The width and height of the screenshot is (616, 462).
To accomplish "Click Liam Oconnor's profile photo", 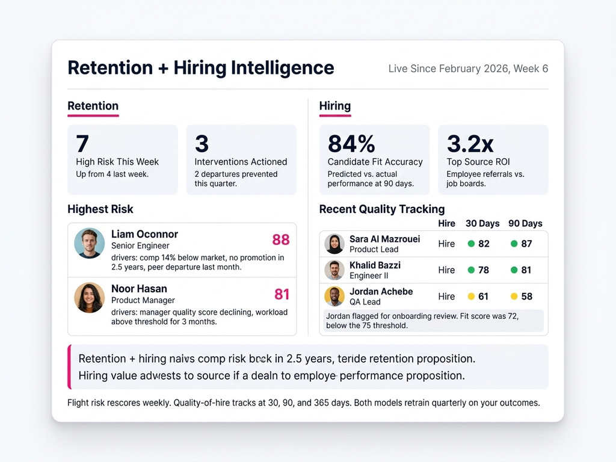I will tap(89, 244).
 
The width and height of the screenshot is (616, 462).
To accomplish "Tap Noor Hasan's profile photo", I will tap(89, 298).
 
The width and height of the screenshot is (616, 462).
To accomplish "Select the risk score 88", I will tap(281, 240).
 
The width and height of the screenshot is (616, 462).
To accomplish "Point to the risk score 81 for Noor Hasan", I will tap(282, 294).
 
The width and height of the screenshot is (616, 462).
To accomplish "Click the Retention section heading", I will tap(93, 106).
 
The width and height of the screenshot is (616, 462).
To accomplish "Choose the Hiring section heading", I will tap(334, 106).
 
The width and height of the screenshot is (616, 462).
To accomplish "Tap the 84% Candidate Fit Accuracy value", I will tap(351, 144).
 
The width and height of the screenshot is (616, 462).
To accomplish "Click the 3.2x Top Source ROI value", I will tap(470, 144).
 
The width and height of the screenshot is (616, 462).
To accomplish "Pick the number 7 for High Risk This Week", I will tap(82, 144).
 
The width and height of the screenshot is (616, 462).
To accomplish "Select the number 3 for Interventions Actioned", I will tap(202, 144).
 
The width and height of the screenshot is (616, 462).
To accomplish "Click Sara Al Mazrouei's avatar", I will tap(334, 244).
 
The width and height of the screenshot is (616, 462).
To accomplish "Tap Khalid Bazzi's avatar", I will tap(334, 270).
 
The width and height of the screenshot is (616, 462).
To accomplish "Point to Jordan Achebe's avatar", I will tap(334, 296).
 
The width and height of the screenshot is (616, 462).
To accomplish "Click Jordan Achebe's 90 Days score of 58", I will tap(526, 296).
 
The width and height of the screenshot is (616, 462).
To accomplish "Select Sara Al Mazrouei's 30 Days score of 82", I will tap(484, 244).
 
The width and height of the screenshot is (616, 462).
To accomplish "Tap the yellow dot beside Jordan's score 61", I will tap(471, 296).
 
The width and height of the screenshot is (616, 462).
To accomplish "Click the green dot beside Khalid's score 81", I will tap(514, 270).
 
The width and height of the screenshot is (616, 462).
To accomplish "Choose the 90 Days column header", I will tap(525, 223).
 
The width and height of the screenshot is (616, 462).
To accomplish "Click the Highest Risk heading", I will tap(100, 209).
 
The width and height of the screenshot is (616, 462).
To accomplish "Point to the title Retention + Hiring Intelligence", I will tap(200, 67).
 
